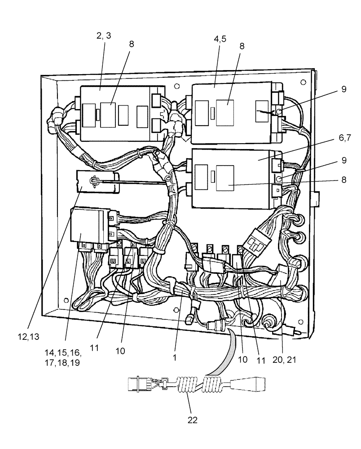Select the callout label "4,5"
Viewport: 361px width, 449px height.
coord(220,39)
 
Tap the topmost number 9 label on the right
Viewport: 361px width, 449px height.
coord(343,89)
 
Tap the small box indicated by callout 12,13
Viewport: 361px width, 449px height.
coord(97,181)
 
